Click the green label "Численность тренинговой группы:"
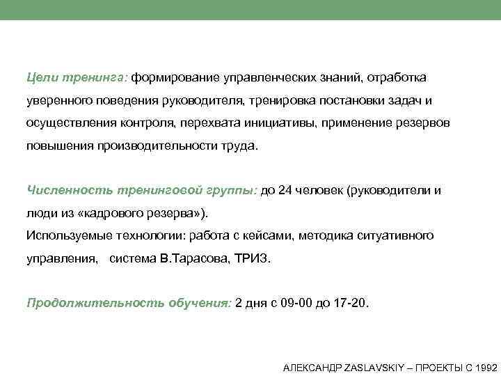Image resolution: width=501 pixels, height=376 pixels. coord(142,189)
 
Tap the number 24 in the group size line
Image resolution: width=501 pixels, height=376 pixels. coord(285,189)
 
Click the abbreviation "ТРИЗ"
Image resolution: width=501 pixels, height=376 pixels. coord(256,259)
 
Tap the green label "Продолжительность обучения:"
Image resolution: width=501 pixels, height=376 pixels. coord(128,304)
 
